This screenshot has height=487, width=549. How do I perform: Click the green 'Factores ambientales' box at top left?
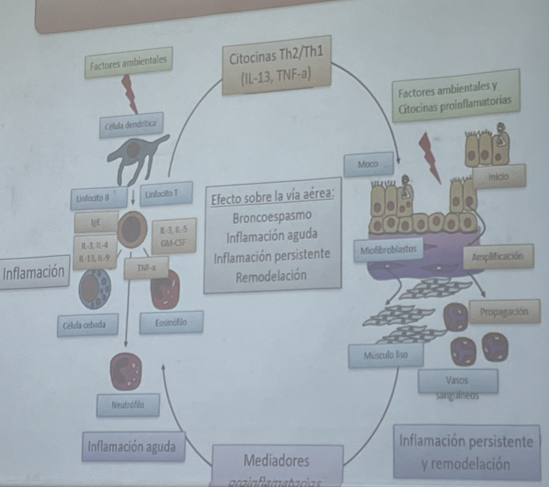tap(128, 63)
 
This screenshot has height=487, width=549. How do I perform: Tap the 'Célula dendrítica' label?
tap(131, 125)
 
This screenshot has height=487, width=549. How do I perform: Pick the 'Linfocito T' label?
tap(166, 194)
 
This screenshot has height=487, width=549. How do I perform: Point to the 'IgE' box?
tap(96, 222)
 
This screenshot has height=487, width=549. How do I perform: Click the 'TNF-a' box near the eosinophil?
tap(147, 267)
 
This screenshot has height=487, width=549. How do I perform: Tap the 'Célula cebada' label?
tap(87, 325)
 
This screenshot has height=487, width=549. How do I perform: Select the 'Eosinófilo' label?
tap(171, 322)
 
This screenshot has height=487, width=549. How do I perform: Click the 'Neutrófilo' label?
tap(127, 405)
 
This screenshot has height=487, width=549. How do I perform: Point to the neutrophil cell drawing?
tap(126, 371)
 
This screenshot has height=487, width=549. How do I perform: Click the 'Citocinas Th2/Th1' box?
tap(277, 65)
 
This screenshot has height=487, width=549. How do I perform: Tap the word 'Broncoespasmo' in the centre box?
tap(272, 218)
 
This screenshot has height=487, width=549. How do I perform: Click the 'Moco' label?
tap(368, 164)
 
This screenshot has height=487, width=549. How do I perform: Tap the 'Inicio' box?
tap(499, 176)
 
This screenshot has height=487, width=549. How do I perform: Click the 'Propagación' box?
tap(504, 311)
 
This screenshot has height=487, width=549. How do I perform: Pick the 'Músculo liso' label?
tap(386, 356)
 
